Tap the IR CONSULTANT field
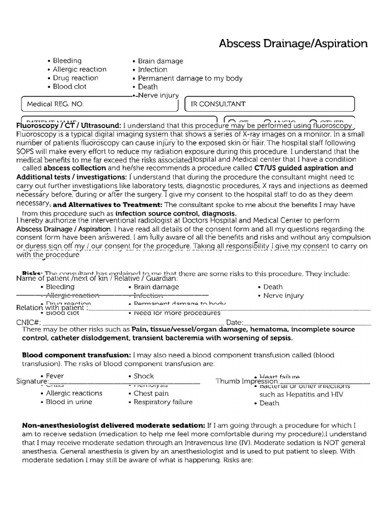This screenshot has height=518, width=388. pos(270,104)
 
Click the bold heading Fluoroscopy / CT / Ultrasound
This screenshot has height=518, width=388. pos(69,125)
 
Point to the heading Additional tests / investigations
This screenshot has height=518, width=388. pos(72,177)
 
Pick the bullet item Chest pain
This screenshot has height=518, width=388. pos(151,393)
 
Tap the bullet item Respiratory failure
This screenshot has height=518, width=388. pos(163,402)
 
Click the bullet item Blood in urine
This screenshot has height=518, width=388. pos(69,402)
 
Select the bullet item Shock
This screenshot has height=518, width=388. pos(143,376)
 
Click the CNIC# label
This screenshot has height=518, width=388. pos(28,322)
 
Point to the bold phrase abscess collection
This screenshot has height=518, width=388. pos(75,168)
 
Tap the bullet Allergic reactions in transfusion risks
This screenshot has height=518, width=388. pos(74,393)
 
